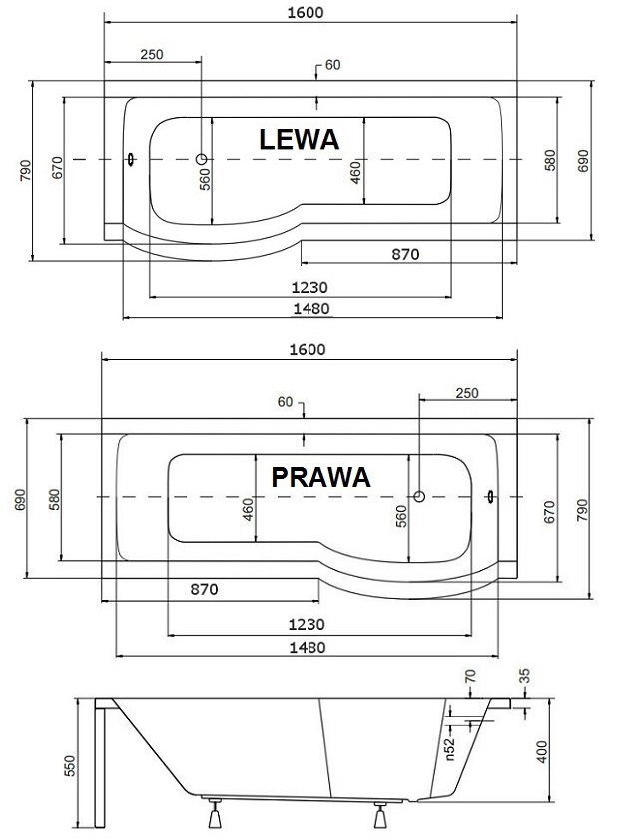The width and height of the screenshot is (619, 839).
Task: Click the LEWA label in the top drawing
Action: click(x=300, y=140)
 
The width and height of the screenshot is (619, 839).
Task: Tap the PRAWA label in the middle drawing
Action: click(x=321, y=477)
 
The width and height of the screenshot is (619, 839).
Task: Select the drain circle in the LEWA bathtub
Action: click(x=201, y=159)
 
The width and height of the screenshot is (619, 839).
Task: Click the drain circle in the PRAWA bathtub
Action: click(x=419, y=497)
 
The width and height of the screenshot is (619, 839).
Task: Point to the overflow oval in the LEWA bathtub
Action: click(x=131, y=159)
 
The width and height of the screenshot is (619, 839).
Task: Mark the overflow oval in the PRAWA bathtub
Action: click(x=490, y=497)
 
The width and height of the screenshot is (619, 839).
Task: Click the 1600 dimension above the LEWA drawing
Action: click(x=306, y=12)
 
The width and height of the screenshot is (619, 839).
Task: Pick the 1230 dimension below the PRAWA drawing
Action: click(x=307, y=624)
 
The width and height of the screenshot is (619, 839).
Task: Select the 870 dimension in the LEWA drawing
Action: click(x=405, y=254)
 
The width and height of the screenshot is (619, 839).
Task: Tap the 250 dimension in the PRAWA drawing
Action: click(x=467, y=393)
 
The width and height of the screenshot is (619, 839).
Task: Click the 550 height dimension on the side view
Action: click(x=70, y=766)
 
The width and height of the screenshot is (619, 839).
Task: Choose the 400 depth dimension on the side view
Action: click(x=542, y=752)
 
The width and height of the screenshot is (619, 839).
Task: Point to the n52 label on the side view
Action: click(x=449, y=748)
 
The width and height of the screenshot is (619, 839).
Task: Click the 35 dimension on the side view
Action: click(x=525, y=676)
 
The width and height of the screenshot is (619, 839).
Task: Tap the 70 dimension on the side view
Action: click(x=470, y=677)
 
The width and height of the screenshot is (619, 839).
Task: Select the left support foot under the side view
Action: click(x=215, y=814)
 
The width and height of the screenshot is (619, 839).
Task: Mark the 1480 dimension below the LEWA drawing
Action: click(x=311, y=309)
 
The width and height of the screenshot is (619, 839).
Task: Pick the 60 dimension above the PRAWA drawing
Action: click(x=285, y=402)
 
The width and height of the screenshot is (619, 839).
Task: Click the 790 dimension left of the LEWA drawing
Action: click(x=25, y=170)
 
